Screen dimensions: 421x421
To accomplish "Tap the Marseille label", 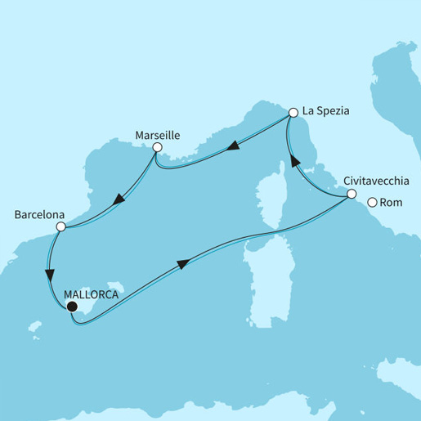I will tap(158, 133).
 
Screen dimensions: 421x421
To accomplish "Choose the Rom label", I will tap(392, 203).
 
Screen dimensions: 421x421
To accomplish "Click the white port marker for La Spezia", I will tap(293, 112).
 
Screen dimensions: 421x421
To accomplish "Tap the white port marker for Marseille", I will tap(158, 148).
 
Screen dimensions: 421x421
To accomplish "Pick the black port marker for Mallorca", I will tap(72, 307).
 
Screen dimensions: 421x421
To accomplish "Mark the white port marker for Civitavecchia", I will tap(351, 195).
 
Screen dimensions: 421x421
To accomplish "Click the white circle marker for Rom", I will tap(372, 203).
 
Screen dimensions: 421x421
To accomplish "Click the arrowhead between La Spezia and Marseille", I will tap(233, 146).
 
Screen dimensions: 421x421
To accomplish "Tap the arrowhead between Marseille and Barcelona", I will tap(119, 199).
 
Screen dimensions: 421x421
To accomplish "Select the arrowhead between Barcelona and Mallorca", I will tap(52, 274).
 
